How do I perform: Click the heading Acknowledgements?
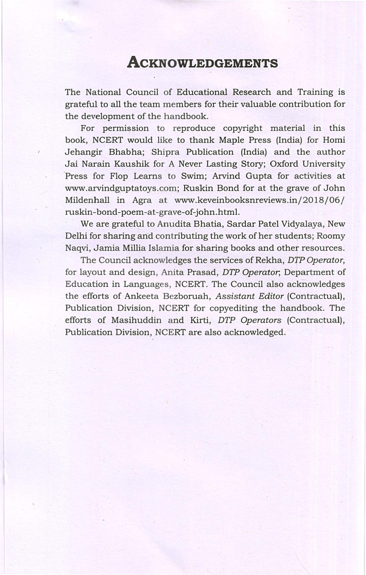pyautogui.click(x=202, y=63)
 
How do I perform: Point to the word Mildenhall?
pyautogui.click(x=87, y=200)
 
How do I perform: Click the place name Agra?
pyautogui.click(x=142, y=200)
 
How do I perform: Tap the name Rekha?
pyautogui.click(x=269, y=260)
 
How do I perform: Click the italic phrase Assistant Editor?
pyautogui.click(x=249, y=296)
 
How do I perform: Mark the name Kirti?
pyautogui.click(x=200, y=320)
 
